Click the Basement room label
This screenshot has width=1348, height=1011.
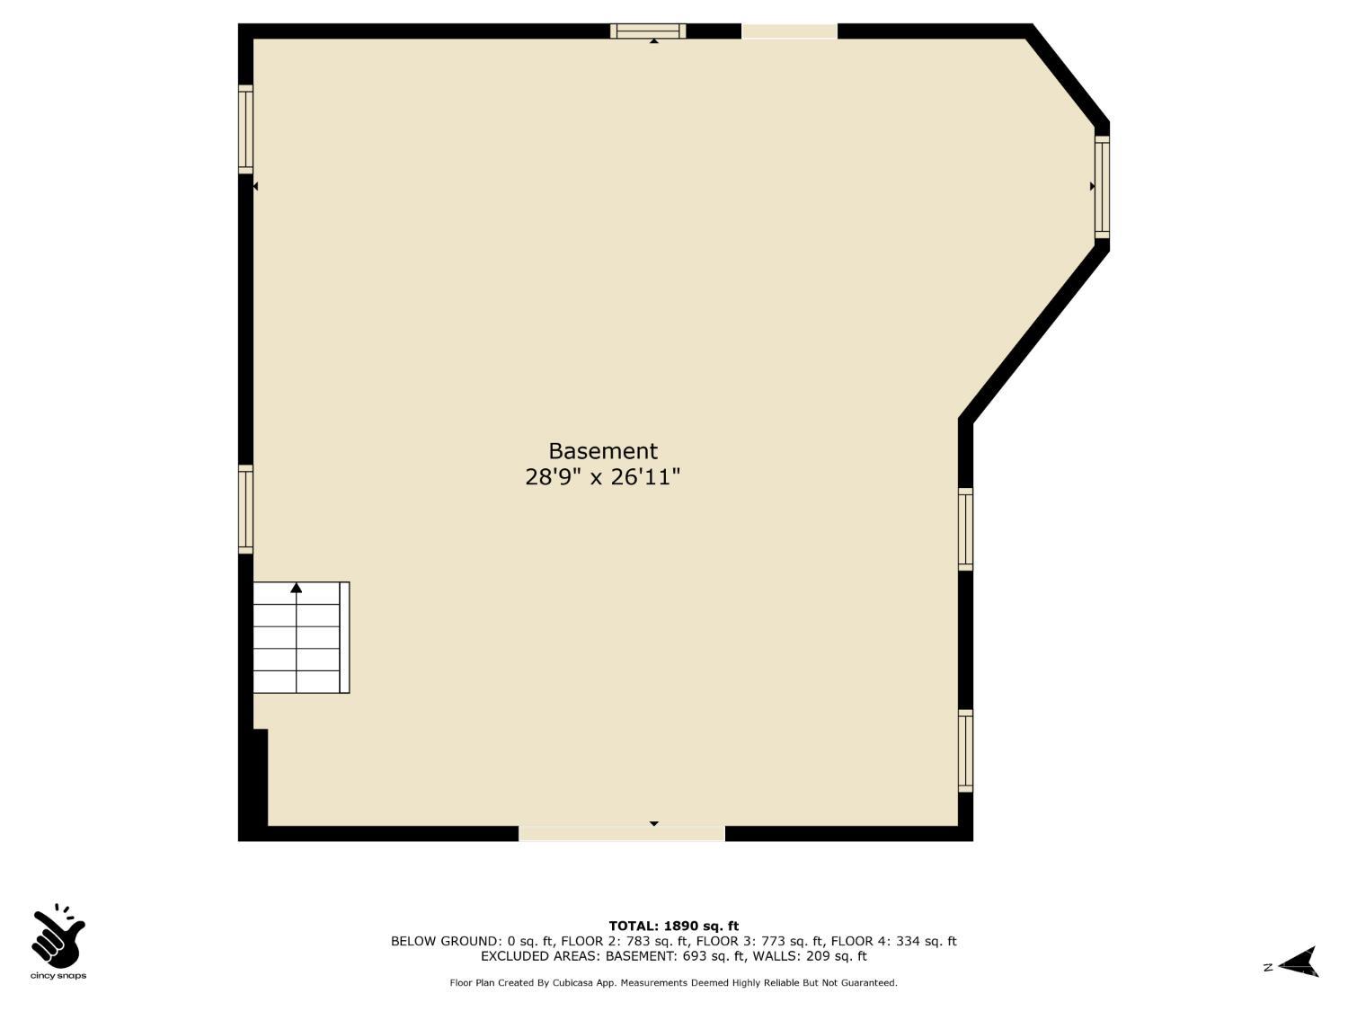(x=602, y=451)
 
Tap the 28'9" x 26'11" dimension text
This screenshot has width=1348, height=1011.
(x=602, y=477)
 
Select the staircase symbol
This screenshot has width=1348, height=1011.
(x=301, y=637)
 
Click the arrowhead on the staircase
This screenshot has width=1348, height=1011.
(x=296, y=588)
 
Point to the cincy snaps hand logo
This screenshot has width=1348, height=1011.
(x=58, y=936)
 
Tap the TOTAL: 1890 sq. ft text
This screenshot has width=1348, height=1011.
(x=673, y=926)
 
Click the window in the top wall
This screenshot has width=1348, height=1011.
(x=648, y=31)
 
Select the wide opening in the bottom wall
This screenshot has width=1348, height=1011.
(x=622, y=833)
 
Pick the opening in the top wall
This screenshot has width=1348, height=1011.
(x=789, y=31)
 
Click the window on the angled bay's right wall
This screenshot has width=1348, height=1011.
(x=1102, y=187)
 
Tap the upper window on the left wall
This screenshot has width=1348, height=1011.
(x=245, y=129)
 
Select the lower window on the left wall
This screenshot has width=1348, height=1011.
(x=245, y=509)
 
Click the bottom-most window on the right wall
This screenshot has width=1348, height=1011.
(x=965, y=750)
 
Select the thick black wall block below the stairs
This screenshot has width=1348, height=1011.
(x=261, y=777)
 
